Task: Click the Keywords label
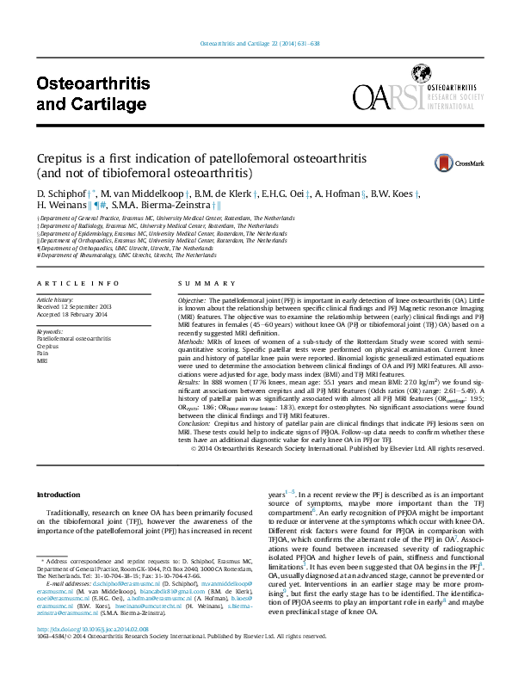(x=50, y=331)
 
